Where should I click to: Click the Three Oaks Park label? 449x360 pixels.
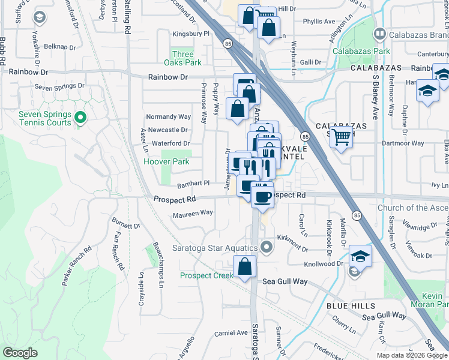pyautogui.click(x=183, y=58)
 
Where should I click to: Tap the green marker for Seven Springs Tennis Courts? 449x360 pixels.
pyautogui.click(x=83, y=116)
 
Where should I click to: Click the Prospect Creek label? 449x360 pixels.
pyautogui.click(x=206, y=275)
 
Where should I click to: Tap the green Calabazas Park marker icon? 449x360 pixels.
pyautogui.click(x=379, y=34)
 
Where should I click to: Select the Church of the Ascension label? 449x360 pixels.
pyautogui.click(x=412, y=208)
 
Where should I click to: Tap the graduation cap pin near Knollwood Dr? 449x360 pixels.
pyautogui.click(x=360, y=256)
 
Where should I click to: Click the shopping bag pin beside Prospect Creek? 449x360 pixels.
pyautogui.click(x=244, y=267)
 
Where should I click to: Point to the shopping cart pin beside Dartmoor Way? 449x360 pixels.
pyautogui.click(x=341, y=137)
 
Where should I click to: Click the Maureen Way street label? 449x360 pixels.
pyautogui.click(x=193, y=213)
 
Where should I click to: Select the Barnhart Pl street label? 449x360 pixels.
pyautogui.click(x=193, y=184)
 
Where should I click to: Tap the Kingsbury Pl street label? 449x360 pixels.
pyautogui.click(x=190, y=34)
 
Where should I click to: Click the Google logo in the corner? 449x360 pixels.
pyautogui.click(x=20, y=353)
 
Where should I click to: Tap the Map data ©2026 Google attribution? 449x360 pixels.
pyautogui.click(x=412, y=355)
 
